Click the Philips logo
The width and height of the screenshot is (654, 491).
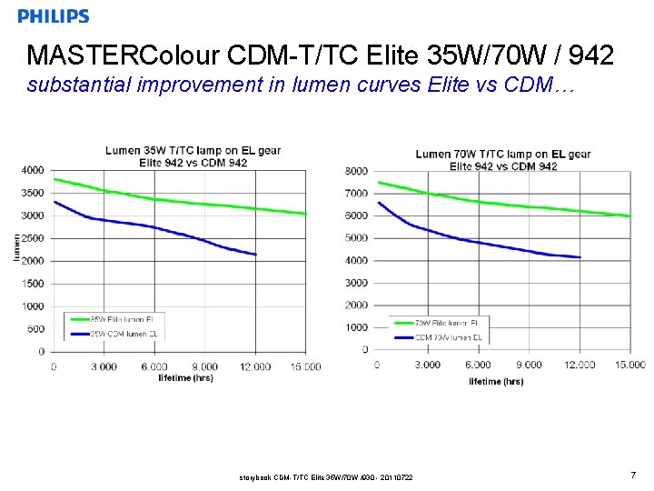pos(54,16)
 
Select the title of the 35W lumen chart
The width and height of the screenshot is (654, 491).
pos(193,156)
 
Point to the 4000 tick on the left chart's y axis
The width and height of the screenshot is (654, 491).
pos(33,170)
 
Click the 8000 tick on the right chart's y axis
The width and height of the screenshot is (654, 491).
pos(356,171)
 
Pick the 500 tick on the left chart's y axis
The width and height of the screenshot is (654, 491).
pos(35,329)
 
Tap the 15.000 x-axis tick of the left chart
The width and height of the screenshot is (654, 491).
pos(305,366)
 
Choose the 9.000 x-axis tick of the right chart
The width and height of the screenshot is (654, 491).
pos(528,365)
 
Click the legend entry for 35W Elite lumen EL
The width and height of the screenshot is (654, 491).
pos(114,320)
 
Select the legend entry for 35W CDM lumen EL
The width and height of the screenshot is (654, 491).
pos(114,334)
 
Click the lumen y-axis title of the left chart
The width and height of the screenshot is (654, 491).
pos(16,248)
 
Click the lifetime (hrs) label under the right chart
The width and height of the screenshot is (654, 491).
pos(496,381)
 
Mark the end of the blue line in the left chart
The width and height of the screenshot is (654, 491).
pos(256,255)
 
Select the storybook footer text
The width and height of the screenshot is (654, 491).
pos(325,476)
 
